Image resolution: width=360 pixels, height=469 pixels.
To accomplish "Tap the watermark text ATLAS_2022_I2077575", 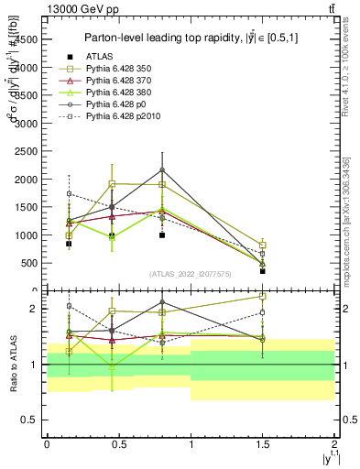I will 190,274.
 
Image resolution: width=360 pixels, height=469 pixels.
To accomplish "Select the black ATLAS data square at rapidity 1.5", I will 262,271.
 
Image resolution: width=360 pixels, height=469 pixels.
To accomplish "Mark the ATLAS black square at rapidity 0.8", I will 161,235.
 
